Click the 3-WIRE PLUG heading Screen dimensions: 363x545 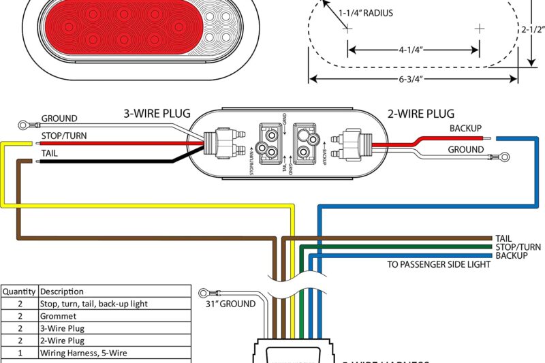point(157,114)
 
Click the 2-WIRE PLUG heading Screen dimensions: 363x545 point(420,114)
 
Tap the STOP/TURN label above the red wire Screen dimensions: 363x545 point(64,136)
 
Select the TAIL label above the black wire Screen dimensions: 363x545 point(50,154)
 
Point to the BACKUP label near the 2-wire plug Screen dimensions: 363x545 point(465,128)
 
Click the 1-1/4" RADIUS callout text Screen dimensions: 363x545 point(366,12)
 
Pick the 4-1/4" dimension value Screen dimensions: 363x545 point(412,49)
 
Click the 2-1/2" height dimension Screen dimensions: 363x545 point(533,29)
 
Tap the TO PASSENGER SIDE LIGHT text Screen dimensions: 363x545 point(439,264)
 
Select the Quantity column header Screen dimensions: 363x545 point(20,291)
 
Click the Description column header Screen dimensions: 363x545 point(62,291)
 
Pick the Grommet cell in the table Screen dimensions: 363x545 point(58,316)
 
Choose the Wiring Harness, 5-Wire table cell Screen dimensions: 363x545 point(82,353)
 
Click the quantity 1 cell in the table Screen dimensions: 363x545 point(20,353)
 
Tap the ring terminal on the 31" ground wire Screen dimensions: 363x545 point(203,294)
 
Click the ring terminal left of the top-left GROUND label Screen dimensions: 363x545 point(25,125)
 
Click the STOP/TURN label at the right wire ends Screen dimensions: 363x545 point(518,247)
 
